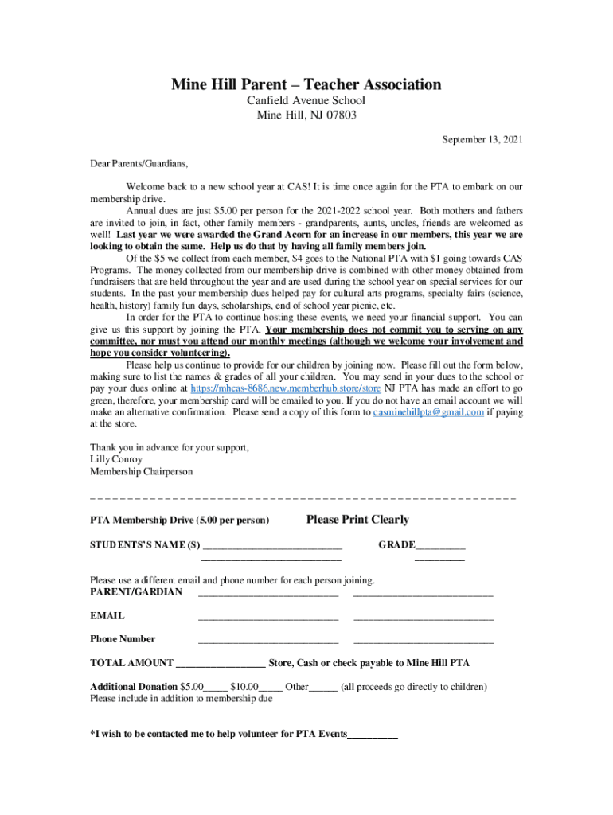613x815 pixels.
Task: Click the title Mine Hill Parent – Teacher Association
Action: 306,84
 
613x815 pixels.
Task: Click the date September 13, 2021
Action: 482,140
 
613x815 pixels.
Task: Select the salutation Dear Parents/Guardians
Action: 139,164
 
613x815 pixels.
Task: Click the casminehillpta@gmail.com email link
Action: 428,412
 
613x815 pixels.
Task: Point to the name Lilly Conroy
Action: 116,459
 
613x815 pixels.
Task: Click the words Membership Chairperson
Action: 141,471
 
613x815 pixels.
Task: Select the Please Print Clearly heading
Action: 357,520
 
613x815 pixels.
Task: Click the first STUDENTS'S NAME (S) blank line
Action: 272,546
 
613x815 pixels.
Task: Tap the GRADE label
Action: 396,544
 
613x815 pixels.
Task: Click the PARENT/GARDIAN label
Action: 136,591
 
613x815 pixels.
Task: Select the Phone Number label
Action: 123,638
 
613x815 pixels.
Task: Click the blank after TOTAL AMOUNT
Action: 220,663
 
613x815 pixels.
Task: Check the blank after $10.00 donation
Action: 271,687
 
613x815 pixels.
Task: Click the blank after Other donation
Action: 322,687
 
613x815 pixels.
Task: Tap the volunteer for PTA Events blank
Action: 372,735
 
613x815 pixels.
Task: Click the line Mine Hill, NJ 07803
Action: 306,115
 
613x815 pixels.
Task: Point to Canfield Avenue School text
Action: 306,100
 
